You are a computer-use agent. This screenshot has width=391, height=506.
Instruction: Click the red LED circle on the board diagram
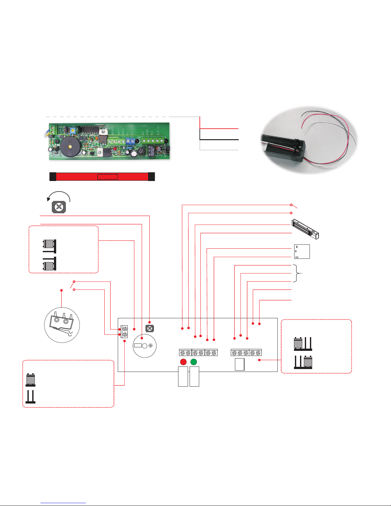pos(183,362)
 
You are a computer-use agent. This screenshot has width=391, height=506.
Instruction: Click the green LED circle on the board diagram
pos(193,362)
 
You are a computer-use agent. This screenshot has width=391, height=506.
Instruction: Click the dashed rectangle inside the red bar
pos(108,177)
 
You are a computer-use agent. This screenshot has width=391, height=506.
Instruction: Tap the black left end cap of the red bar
pos(53,177)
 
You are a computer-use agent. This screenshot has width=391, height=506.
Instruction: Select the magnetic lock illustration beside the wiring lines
pos(305,229)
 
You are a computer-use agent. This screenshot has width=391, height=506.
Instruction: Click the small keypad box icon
pos(302,252)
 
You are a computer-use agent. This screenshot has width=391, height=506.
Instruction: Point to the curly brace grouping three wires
pos(300,273)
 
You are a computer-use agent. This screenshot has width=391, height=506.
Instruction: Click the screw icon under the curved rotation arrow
pos(59,207)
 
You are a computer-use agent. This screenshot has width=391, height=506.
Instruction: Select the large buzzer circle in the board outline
pos(145,346)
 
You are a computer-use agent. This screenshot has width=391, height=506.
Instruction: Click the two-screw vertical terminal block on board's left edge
pos(124,332)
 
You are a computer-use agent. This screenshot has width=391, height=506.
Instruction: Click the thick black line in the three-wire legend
pos(219,140)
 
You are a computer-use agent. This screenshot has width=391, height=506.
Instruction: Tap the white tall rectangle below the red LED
pos(183,376)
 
